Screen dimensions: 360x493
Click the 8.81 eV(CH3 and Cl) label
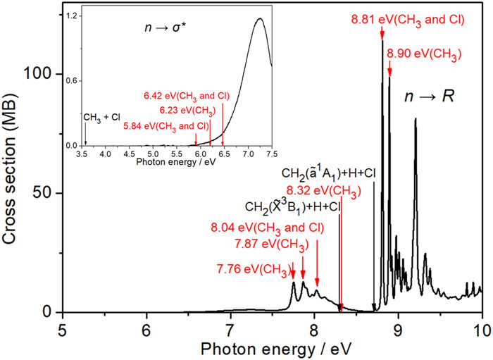tap(408, 18)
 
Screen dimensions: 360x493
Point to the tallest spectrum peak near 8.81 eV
tap(382, 41)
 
